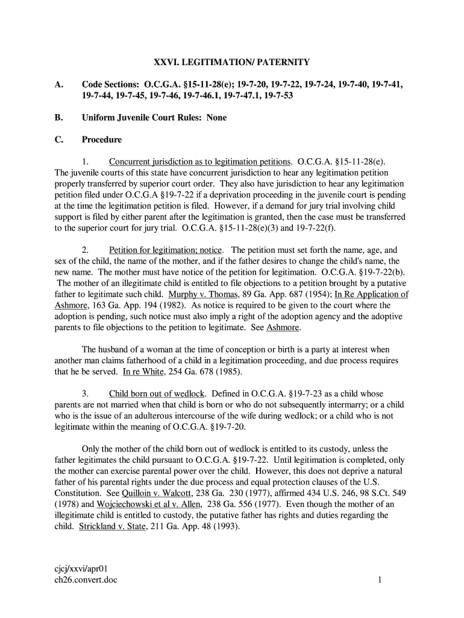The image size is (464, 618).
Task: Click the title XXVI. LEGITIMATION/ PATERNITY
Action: [232, 62]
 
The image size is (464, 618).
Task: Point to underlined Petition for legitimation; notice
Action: [166, 250]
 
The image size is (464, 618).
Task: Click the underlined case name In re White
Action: [139, 372]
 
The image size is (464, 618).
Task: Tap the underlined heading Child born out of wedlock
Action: [157, 393]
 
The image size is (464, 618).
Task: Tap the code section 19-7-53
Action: [274, 96]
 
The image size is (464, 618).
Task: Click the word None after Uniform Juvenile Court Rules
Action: [216, 118]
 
